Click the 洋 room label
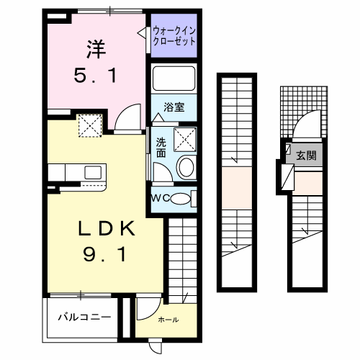click(x=96, y=49)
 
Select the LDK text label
click(x=106, y=230)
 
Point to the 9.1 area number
click(x=106, y=254)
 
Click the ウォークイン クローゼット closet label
click(x=174, y=36)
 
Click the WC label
click(x=160, y=198)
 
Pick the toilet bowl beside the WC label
click(x=184, y=199)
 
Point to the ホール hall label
click(x=168, y=320)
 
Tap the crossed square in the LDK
click(x=90, y=127)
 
